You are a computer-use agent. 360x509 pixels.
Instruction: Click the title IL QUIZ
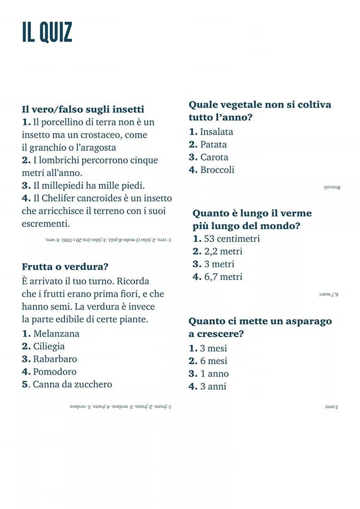point(47,33)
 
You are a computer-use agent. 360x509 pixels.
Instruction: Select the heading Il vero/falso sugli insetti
point(83,109)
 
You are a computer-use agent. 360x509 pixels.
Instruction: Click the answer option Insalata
point(216,131)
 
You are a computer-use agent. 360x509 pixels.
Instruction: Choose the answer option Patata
point(213,144)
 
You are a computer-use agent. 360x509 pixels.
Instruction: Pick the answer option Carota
point(214,157)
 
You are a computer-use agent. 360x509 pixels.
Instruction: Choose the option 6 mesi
point(214,361)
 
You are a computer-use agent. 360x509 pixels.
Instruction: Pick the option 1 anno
point(214,373)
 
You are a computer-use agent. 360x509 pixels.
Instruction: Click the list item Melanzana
point(56,334)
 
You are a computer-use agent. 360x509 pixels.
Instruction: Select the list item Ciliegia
point(49,346)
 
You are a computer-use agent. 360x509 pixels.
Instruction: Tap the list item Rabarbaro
point(55,359)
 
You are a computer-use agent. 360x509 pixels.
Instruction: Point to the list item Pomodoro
point(55,372)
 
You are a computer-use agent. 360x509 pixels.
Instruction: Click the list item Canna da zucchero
point(72,384)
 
